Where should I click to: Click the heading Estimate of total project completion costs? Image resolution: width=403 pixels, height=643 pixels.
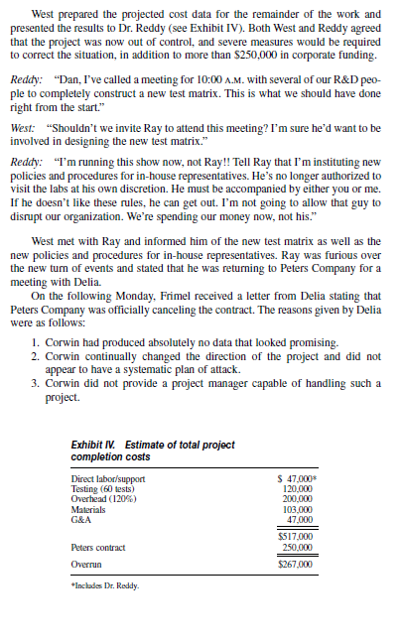tap(154, 450)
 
